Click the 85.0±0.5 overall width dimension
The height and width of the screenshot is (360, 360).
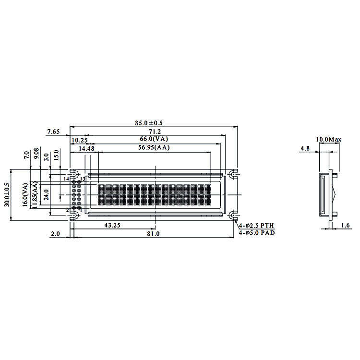point(148,123)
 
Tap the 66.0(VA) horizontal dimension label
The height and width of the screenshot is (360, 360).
point(154,139)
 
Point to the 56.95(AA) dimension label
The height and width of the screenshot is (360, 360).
point(154,147)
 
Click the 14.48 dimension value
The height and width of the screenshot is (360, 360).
point(86,148)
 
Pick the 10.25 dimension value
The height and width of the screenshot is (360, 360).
point(79,140)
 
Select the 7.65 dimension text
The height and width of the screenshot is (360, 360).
point(53,132)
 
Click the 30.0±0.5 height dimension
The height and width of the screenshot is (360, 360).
point(7,195)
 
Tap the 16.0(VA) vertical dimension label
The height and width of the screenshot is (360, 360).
point(25,194)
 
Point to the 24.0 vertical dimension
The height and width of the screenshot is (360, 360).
point(47,194)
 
